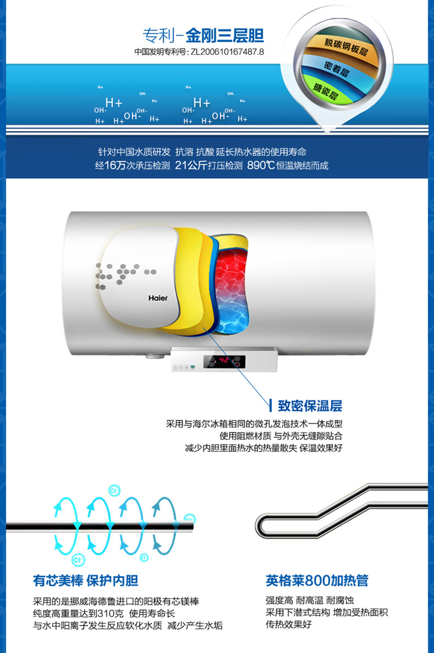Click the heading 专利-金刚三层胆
pyautogui.click(x=203, y=36)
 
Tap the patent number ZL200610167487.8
pyautogui.click(x=227, y=52)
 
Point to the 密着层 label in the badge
pyautogui.click(x=336, y=69)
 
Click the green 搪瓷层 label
pyautogui.click(x=325, y=91)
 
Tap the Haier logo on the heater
pyautogui.click(x=158, y=298)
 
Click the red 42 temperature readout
pyautogui.click(x=224, y=360)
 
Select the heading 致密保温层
pyautogui.click(x=310, y=406)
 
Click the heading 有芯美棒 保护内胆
pyautogui.click(x=86, y=580)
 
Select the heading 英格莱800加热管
pyautogui.click(x=317, y=580)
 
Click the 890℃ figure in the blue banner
pyautogui.click(x=260, y=165)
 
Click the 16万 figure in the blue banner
pyautogui.click(x=115, y=165)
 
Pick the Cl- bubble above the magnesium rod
pyautogui.click(x=114, y=491)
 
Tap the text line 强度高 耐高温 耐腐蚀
pyautogui.click(x=310, y=600)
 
